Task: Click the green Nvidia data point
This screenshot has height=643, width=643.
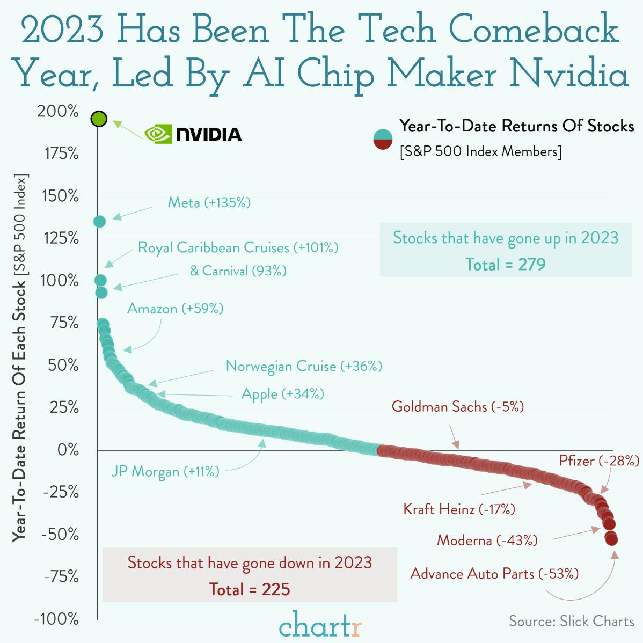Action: click(99, 119)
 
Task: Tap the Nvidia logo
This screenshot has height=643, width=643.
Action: click(193, 134)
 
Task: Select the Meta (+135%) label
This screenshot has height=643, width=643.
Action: click(209, 203)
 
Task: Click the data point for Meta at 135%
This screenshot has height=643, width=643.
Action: click(99, 221)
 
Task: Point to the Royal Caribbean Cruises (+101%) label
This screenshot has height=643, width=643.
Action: click(238, 247)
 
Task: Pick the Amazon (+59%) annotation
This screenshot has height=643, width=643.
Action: click(175, 309)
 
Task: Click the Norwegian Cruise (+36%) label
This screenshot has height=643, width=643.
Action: click(304, 366)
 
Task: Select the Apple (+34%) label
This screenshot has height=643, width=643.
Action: click(282, 394)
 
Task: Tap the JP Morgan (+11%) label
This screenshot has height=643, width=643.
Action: click(165, 472)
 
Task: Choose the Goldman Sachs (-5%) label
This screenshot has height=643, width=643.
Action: click(457, 406)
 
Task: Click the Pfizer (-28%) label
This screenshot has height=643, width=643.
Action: click(599, 461)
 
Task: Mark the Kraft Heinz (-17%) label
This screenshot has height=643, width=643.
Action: click(459, 508)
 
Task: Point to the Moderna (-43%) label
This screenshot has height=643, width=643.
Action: click(487, 540)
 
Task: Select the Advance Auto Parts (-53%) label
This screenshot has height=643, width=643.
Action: click(494, 574)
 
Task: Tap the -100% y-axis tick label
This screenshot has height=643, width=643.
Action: click(56, 619)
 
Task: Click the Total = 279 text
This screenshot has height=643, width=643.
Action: click(505, 264)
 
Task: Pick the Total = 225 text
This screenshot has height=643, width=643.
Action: click(250, 589)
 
